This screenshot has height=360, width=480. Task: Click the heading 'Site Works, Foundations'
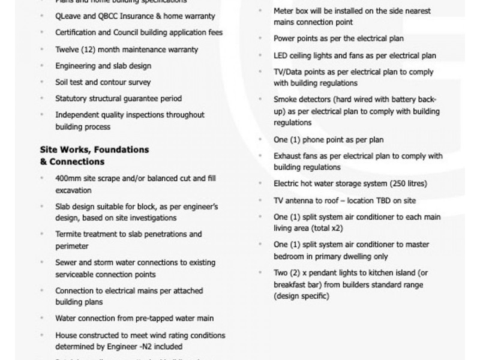click(x=94, y=149)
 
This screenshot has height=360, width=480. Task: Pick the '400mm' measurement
click(x=68, y=179)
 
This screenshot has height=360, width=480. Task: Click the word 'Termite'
click(x=70, y=234)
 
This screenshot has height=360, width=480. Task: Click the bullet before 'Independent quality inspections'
click(x=41, y=115)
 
